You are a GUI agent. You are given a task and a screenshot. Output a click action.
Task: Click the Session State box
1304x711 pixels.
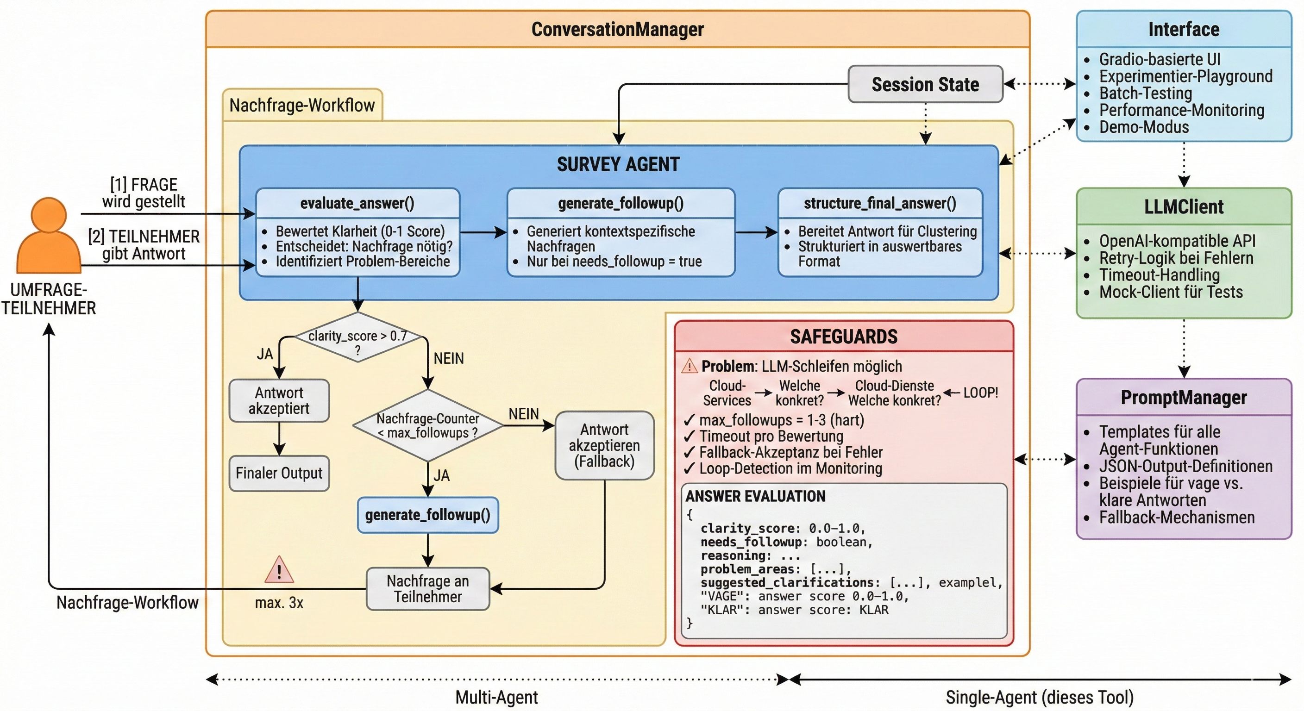coord(925,84)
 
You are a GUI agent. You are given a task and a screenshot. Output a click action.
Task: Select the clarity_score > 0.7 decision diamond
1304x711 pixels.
coord(357,337)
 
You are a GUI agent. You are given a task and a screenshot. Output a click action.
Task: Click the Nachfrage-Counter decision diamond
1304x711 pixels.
coord(428,425)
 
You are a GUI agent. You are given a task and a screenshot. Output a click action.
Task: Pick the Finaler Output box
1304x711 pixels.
coord(279,473)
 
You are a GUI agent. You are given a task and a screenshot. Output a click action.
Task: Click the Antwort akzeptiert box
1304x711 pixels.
coord(279,400)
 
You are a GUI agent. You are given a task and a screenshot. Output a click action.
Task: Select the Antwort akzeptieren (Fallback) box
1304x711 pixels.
coord(604,445)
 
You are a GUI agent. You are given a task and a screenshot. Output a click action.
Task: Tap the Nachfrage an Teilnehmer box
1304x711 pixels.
coord(428,588)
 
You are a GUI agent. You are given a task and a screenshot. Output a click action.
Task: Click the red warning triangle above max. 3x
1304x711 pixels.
coord(279,570)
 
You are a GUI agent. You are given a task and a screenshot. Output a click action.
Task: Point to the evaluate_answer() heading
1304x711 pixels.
coord(357,203)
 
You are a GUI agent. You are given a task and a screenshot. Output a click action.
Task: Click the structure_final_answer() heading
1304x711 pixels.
coord(880,203)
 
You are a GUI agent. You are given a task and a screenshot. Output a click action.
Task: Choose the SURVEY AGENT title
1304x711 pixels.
coord(618,164)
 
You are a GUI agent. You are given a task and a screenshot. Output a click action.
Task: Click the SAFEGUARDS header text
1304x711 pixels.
coord(844,337)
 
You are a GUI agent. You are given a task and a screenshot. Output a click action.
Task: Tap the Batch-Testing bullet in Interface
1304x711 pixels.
coord(1146,93)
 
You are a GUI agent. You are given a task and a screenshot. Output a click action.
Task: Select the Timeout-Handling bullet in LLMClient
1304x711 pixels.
coord(1159,275)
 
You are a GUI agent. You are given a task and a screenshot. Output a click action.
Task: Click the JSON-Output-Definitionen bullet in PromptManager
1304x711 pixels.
coord(1185,466)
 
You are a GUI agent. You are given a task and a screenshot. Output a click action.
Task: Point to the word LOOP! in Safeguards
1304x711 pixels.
coord(980,393)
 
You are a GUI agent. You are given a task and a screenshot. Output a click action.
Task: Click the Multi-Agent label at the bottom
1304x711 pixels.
coord(496,697)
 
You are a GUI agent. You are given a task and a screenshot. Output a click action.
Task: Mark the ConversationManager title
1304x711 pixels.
coord(618,29)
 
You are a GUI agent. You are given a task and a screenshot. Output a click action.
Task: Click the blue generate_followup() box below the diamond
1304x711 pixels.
coord(428,515)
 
